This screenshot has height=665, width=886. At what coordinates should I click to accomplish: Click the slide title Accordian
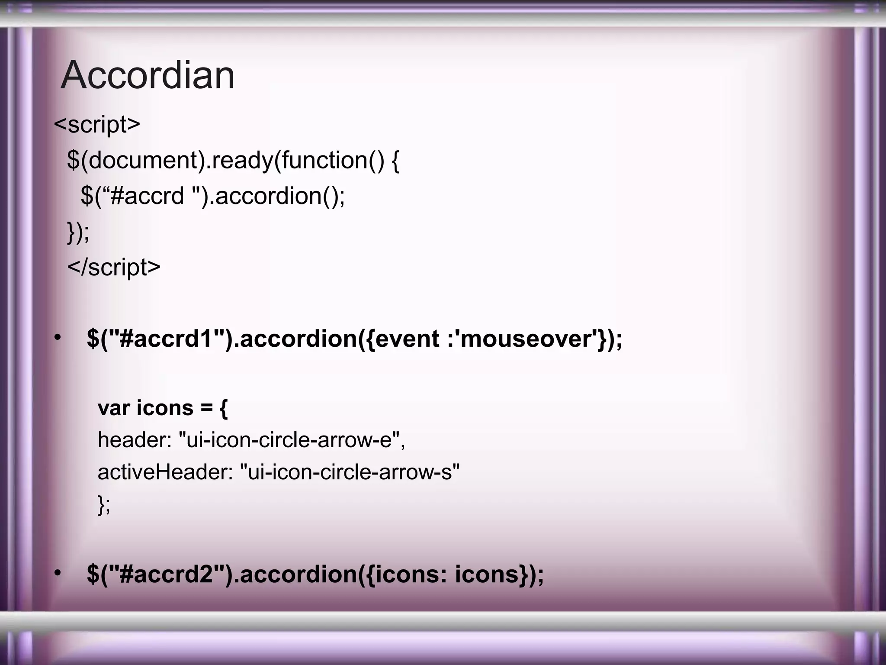click(148, 75)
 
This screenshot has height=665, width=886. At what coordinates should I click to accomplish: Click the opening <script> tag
click(97, 125)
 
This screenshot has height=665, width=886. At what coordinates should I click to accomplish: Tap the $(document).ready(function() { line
click(233, 161)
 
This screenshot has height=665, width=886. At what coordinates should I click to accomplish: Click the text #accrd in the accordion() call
click(147, 196)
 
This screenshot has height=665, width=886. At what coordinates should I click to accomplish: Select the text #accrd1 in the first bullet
click(166, 339)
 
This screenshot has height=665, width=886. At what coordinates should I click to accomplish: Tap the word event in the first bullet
click(407, 339)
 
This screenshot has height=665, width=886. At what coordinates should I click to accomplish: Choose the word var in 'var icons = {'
click(113, 408)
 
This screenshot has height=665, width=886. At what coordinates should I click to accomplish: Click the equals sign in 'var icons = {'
click(206, 408)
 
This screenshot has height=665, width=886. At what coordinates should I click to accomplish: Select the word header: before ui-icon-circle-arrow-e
click(135, 440)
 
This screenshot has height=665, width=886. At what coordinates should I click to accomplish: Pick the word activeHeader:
click(165, 472)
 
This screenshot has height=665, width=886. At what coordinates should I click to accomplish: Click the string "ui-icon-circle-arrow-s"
click(350, 472)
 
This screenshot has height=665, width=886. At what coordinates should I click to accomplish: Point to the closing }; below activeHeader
click(104, 504)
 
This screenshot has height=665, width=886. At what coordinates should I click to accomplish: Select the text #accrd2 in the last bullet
click(166, 574)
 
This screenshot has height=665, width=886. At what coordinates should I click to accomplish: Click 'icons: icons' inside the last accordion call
click(446, 574)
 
